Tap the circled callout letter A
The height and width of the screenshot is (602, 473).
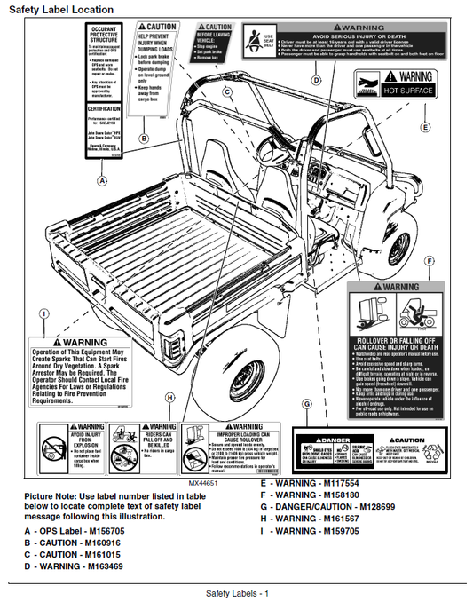(101, 180)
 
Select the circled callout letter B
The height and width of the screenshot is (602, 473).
(144, 139)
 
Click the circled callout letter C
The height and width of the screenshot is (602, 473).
(226, 91)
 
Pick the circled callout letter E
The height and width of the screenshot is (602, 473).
(425, 128)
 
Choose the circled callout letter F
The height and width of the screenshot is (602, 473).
(430, 261)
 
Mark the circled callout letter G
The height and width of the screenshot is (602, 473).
(306, 404)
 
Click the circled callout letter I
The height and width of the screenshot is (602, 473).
(43, 313)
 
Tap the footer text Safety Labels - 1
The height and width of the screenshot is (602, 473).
(236, 592)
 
